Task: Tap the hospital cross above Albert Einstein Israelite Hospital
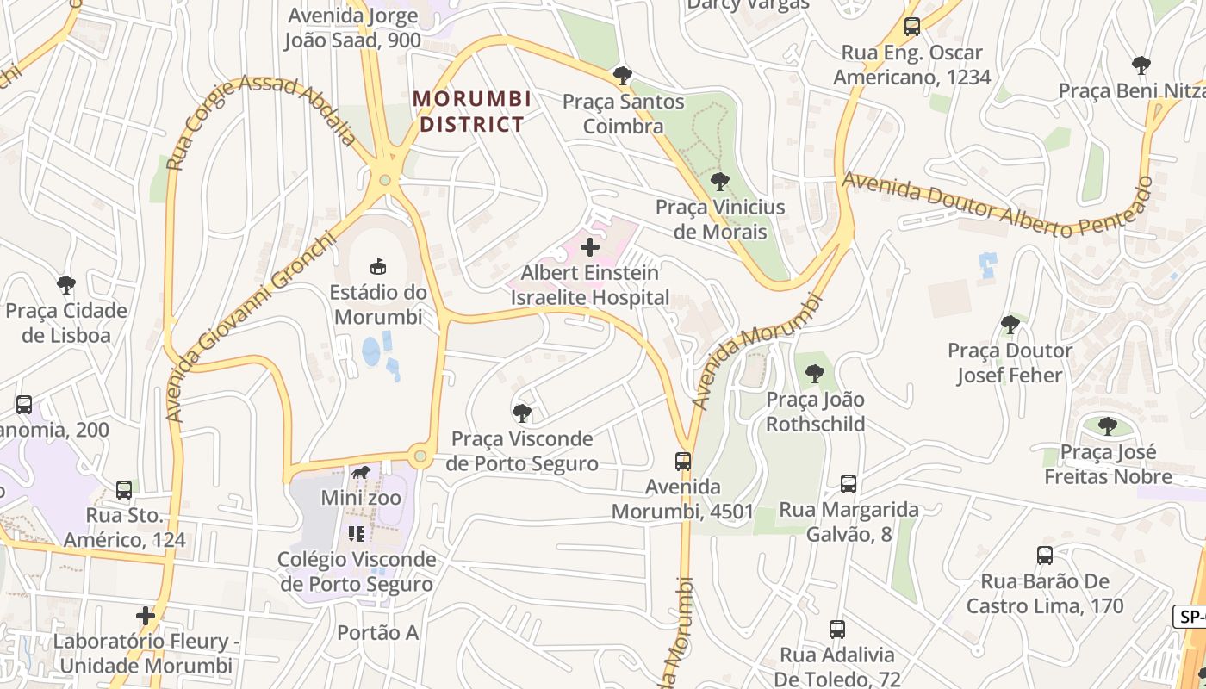point(590,248)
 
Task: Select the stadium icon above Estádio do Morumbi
point(377,266)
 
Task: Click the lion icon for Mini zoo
point(361,473)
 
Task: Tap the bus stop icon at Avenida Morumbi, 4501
point(683,462)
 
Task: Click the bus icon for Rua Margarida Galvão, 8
point(849,484)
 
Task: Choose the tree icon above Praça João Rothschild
point(814,374)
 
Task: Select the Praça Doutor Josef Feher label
point(1010,363)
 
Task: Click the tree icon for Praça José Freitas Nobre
point(1108,425)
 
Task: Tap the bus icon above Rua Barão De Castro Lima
point(1045,556)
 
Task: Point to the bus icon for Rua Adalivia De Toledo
point(837,630)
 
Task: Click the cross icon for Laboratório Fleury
point(146,616)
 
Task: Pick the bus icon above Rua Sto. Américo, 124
point(124,490)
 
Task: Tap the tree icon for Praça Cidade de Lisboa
point(66,285)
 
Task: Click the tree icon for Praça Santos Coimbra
point(622,76)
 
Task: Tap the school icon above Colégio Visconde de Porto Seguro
point(357,534)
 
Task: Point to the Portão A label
point(377,633)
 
